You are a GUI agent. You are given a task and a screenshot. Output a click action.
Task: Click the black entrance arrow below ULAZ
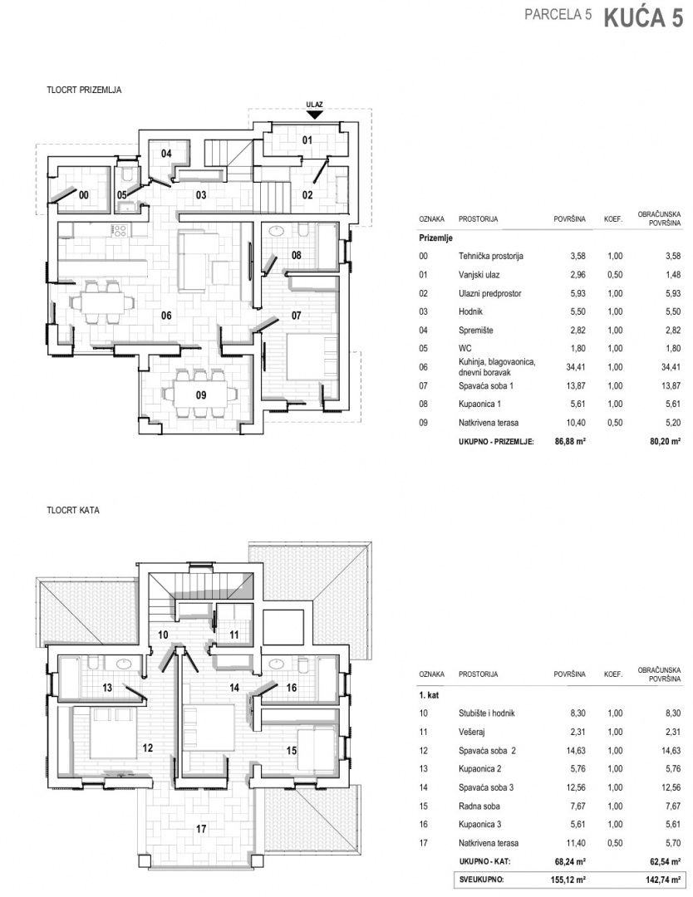(315, 115)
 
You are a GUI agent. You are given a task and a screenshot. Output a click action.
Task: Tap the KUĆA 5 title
(643, 18)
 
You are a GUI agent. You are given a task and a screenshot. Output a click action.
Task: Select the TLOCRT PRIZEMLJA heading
(84, 90)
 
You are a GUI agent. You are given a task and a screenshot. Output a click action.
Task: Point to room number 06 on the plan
(166, 316)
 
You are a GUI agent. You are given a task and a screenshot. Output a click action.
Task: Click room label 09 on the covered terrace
(201, 395)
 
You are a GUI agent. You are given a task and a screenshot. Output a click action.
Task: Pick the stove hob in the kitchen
(119, 231)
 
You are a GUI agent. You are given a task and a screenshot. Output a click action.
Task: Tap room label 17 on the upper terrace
(201, 828)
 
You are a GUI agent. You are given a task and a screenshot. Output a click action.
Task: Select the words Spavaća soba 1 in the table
(486, 385)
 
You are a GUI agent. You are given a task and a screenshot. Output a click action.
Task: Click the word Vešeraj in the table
(471, 732)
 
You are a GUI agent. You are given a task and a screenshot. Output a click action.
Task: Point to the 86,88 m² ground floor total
(570, 441)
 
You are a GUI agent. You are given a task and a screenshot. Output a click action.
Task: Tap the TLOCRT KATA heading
(73, 510)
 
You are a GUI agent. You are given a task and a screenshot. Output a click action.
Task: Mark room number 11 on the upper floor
(234, 635)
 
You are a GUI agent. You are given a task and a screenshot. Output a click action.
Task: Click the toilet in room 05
(128, 175)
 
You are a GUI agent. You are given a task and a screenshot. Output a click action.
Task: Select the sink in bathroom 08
(277, 231)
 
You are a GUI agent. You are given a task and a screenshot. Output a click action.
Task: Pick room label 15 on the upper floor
(292, 751)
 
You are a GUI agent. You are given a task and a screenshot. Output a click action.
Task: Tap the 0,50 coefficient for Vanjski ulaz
(615, 275)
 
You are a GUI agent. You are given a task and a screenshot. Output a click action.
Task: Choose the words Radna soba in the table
(479, 806)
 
